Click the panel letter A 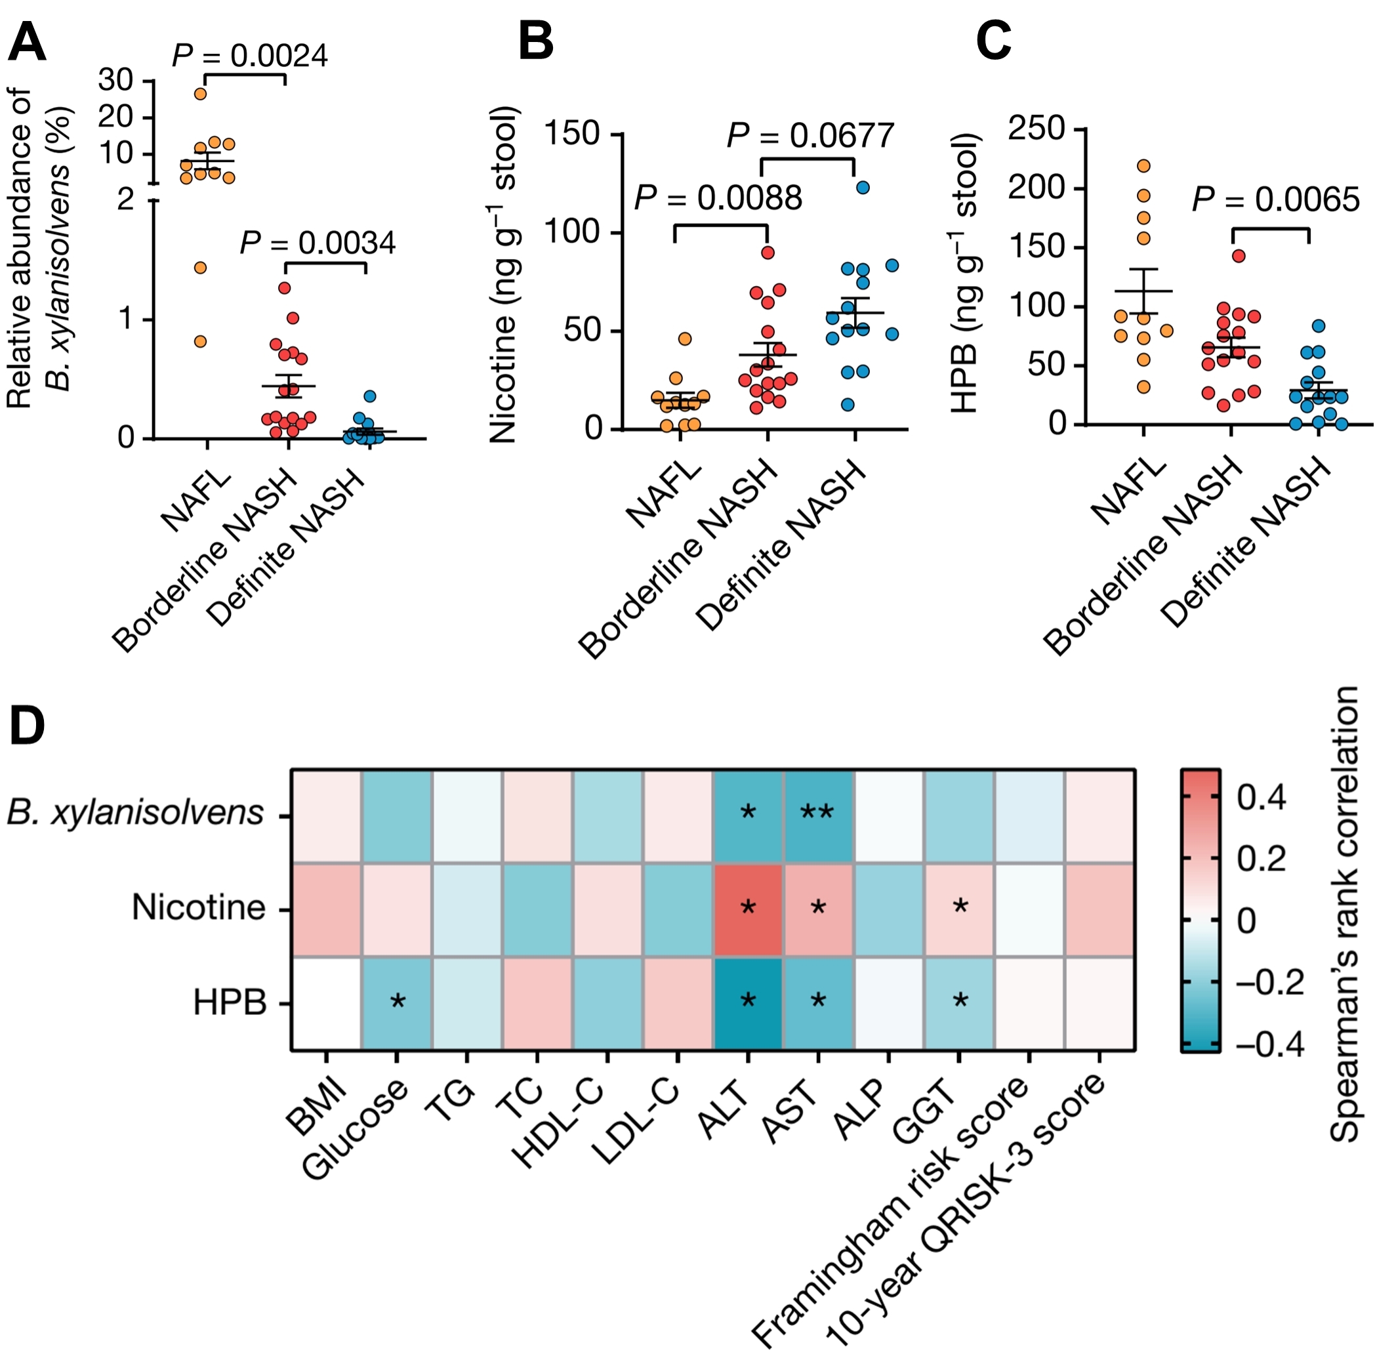[27, 43]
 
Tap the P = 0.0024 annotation [250, 56]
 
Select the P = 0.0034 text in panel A [318, 243]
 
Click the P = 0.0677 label [810, 136]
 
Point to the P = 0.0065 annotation [1276, 200]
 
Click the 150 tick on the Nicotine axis [571, 134]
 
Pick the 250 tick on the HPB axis [1036, 129]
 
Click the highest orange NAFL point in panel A [201, 94]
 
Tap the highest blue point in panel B [863, 188]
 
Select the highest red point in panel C [1239, 257]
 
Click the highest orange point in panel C [1143, 167]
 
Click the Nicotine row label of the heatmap [199, 908]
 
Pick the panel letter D [27, 726]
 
